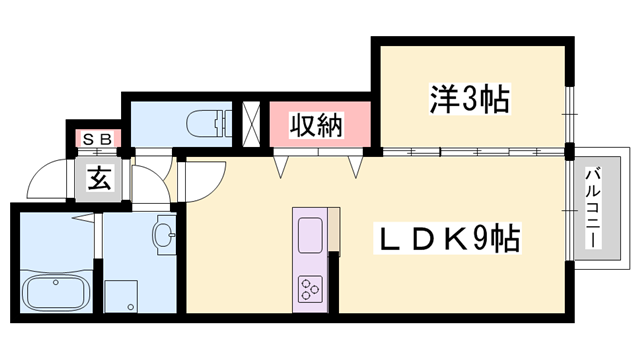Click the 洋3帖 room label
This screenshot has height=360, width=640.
470,99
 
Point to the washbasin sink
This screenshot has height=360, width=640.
165,236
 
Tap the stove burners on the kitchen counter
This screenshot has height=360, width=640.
308,291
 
